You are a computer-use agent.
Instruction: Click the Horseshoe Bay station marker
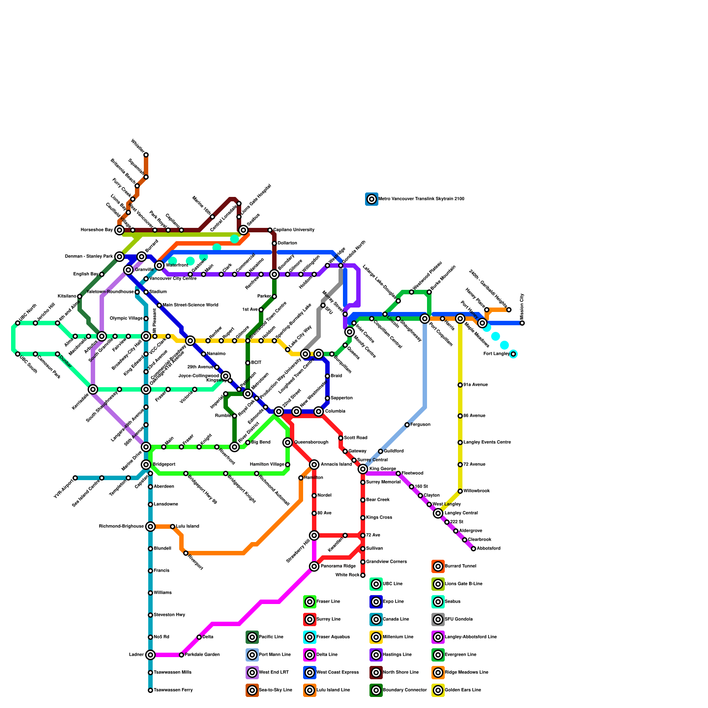[x=119, y=230]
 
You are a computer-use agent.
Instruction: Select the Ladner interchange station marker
[x=150, y=655]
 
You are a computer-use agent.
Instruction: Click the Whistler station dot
[x=146, y=155]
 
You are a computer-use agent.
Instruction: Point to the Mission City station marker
[x=522, y=323]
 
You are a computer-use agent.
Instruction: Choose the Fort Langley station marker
[x=513, y=354]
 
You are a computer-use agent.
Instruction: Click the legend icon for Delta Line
[x=310, y=655]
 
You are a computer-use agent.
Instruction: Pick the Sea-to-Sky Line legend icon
[x=252, y=690]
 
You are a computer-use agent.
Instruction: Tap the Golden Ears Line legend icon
[x=438, y=690]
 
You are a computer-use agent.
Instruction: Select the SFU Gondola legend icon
[x=438, y=619]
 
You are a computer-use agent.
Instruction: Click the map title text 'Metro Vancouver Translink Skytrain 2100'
[x=421, y=199]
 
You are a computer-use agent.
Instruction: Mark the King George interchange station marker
[x=363, y=469]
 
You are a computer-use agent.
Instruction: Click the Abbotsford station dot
[x=473, y=549]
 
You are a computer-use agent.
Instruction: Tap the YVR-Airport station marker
[x=75, y=478]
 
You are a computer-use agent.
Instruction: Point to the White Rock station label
[x=347, y=575]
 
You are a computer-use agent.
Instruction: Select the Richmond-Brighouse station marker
[x=150, y=527]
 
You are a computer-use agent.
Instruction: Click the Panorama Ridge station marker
[x=314, y=566]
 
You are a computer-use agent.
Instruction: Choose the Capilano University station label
[x=294, y=230]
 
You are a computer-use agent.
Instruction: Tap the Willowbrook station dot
[x=460, y=491]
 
